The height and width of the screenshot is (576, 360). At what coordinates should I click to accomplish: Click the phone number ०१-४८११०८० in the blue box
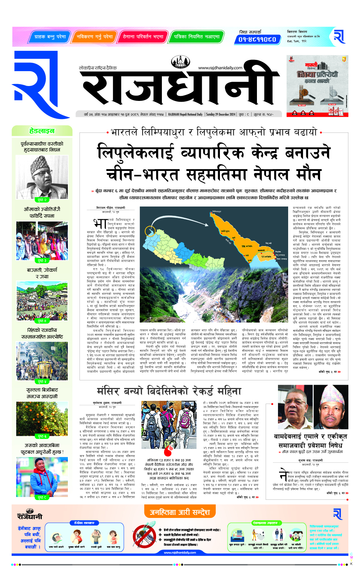(257, 39)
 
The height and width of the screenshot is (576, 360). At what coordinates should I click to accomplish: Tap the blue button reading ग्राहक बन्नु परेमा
(50, 37)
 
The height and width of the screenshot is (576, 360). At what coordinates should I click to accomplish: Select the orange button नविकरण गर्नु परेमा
(94, 37)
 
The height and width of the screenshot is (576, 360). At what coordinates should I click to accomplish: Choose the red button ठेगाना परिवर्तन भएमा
(143, 37)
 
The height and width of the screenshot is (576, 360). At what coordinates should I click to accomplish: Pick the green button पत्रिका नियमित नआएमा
(196, 37)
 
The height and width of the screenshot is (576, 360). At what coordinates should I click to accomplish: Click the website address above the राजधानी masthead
(220, 68)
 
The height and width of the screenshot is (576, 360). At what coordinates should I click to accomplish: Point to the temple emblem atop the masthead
(180, 62)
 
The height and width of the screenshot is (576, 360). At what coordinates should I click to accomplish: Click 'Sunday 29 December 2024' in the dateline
(221, 114)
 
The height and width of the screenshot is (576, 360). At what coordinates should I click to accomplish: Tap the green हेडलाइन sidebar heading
(42, 131)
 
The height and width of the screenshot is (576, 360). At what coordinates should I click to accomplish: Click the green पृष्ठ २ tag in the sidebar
(42, 200)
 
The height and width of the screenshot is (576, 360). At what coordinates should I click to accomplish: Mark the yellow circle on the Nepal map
(150, 231)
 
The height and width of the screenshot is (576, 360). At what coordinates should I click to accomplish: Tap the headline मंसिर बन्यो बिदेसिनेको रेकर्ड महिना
(169, 391)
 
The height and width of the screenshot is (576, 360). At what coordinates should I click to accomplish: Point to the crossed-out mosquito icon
(144, 535)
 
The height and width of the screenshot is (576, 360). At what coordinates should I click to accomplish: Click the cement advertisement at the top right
(317, 86)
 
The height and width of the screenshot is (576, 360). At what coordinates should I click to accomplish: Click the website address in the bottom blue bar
(180, 552)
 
